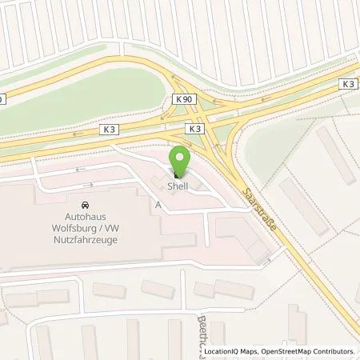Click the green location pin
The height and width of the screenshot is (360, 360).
coord(180,158)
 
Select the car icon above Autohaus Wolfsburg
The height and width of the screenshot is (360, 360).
coord(85,204)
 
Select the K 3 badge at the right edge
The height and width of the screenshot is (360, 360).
coord(348,84)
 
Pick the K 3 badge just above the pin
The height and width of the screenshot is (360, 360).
coord(194,128)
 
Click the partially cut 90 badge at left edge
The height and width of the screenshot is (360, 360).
coord(2,99)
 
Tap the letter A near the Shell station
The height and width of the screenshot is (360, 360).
coord(158,205)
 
